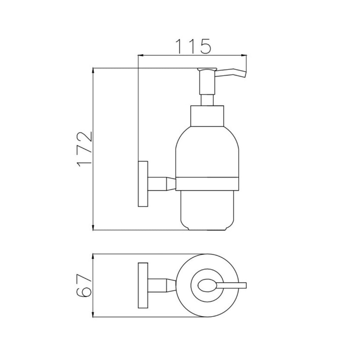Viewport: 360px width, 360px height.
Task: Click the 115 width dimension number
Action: point(193,46)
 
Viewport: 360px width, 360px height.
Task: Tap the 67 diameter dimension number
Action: point(84,285)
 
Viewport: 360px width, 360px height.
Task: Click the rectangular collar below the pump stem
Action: point(207,116)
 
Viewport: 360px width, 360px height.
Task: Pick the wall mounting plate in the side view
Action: point(143,184)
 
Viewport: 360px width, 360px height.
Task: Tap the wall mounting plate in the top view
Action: point(143,285)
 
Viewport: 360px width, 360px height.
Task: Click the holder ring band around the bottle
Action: point(207,184)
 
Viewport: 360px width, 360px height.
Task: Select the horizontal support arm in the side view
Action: point(162,184)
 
